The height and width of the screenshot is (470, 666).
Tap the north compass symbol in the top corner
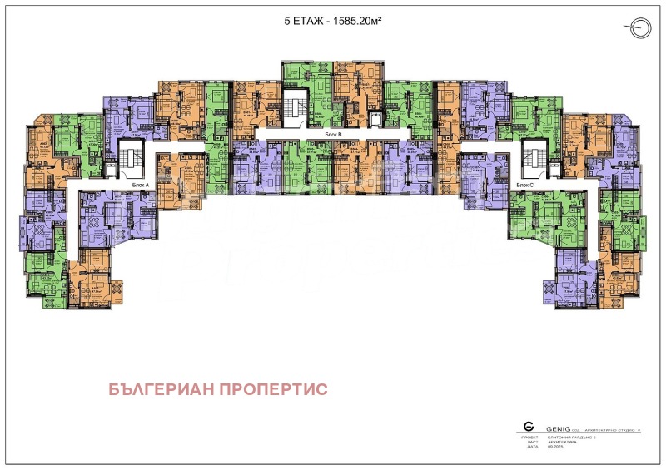click(639, 28)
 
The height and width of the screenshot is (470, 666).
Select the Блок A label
click(140, 184)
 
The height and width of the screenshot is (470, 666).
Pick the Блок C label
click(524, 184)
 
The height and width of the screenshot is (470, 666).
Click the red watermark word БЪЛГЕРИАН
click(163, 389)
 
